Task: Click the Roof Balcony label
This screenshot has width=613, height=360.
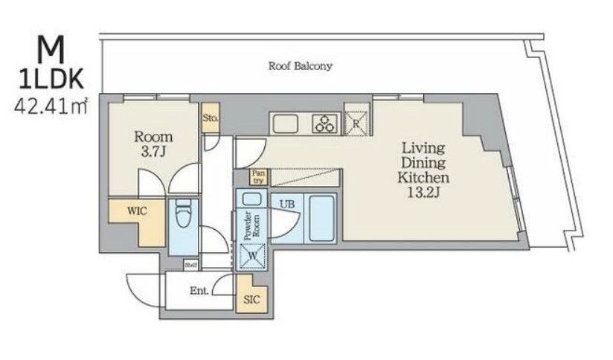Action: pyautogui.click(x=301, y=66)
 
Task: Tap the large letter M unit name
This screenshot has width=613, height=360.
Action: pyautogui.click(x=51, y=49)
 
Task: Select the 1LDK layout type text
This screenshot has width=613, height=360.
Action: pyautogui.click(x=51, y=80)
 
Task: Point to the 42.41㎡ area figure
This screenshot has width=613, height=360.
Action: pyautogui.click(x=51, y=106)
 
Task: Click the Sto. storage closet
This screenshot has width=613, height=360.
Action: pyautogui.click(x=211, y=118)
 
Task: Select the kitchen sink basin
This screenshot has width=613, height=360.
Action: pyautogui.click(x=286, y=124)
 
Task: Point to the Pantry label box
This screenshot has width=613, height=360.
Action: pyautogui.click(x=258, y=177)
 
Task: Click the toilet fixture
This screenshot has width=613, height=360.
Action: pyautogui.click(x=183, y=213)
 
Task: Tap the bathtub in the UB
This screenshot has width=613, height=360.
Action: pyautogui.click(x=322, y=218)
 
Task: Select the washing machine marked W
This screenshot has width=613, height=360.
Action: pyautogui.click(x=252, y=257)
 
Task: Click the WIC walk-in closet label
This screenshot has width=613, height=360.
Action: pyautogui.click(x=137, y=211)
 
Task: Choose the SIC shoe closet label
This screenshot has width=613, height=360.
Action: pyautogui.click(x=251, y=300)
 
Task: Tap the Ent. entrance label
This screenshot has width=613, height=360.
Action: pyautogui.click(x=199, y=291)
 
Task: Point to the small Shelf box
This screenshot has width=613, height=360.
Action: pyautogui.click(x=191, y=265)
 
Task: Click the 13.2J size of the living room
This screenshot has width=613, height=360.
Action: pyautogui.click(x=424, y=193)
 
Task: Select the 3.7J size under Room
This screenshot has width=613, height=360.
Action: pyautogui.click(x=154, y=152)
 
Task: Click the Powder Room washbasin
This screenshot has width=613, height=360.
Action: pyautogui.click(x=251, y=199)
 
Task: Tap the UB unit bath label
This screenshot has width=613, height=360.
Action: pyautogui.click(x=286, y=204)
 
